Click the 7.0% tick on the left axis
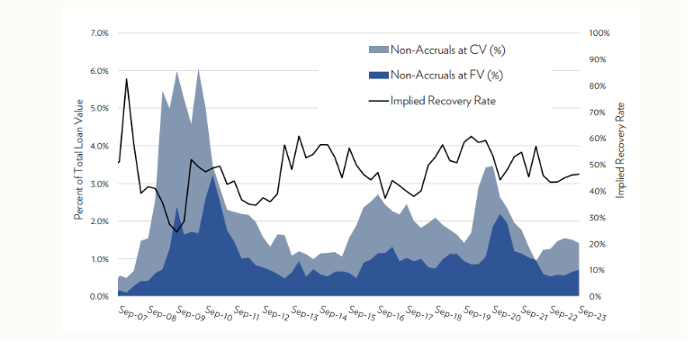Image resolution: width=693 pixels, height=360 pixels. click(97, 33)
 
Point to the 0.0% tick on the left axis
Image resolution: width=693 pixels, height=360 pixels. click(97, 296)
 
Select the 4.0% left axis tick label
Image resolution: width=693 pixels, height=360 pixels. click(97, 146)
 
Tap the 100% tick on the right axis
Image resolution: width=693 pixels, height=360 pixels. click(599, 33)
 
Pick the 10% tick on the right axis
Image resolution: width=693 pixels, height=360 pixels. click(598, 270)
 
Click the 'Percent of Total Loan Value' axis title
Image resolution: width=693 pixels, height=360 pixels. click(79, 165)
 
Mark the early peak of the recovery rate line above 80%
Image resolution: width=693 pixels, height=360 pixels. click(127, 79)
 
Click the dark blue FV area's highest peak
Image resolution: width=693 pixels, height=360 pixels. click(212, 176)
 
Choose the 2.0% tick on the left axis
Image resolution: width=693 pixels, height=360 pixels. click(97, 221)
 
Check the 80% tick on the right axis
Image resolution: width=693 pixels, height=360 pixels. click(598, 86)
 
